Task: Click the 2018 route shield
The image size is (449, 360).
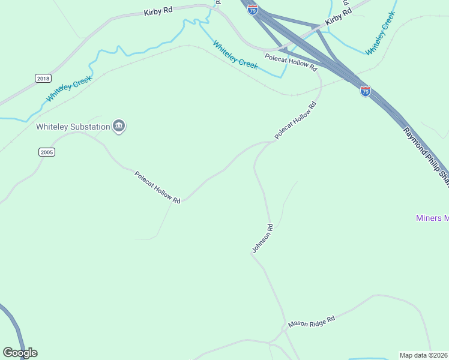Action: click(x=43, y=79)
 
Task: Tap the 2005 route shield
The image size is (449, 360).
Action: click(x=47, y=152)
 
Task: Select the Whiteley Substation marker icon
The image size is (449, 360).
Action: click(x=119, y=127)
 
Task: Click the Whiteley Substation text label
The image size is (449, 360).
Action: click(x=73, y=127)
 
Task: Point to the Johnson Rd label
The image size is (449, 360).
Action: click(x=262, y=238)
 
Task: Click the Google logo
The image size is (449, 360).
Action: click(x=20, y=353)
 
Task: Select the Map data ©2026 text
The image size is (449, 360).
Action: click(x=424, y=355)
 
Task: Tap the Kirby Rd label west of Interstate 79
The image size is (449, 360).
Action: click(x=158, y=11)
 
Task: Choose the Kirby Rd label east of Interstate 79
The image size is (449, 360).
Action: click(x=338, y=17)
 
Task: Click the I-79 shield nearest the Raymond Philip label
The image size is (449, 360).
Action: click(x=365, y=91)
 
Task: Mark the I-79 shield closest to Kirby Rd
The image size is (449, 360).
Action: click(x=253, y=10)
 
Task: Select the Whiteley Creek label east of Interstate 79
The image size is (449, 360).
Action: click(x=380, y=34)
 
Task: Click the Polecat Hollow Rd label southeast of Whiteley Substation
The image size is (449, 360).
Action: click(x=157, y=187)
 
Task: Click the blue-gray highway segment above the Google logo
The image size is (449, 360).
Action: click(x=14, y=324)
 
